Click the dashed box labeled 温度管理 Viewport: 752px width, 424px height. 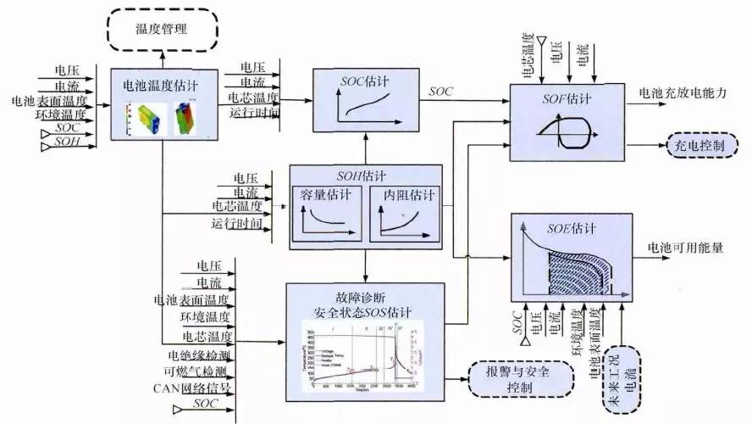pyautogui.click(x=162, y=30)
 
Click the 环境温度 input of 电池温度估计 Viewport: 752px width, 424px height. pyautogui.click(x=61, y=113)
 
